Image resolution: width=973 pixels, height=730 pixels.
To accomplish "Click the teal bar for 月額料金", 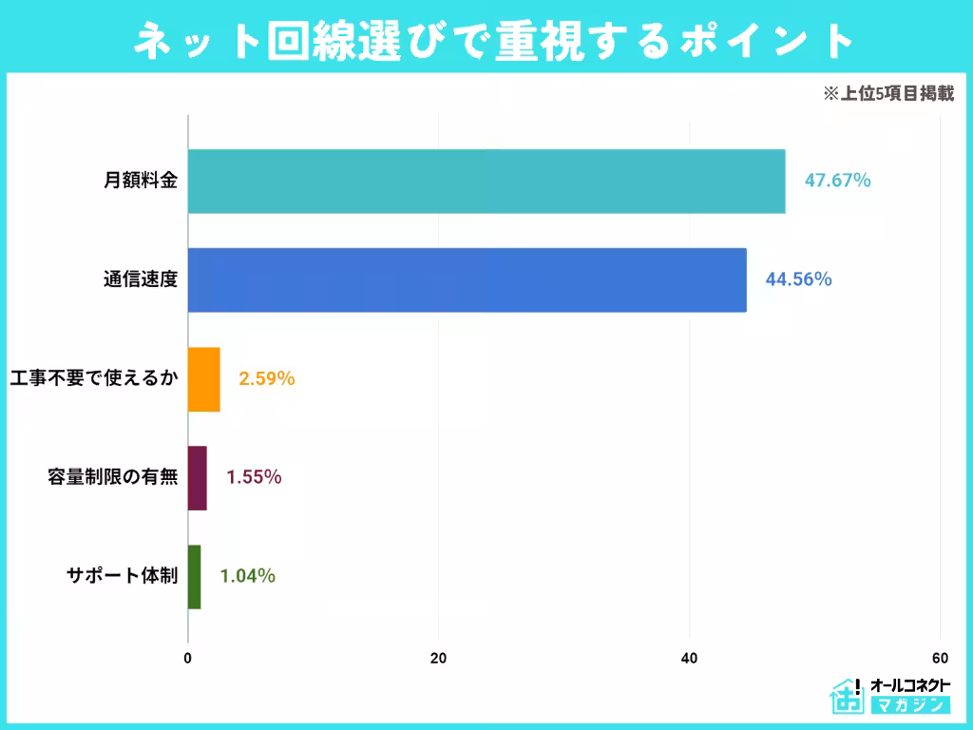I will coord(486,181).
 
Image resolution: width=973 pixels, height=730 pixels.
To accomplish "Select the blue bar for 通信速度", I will coord(467,279).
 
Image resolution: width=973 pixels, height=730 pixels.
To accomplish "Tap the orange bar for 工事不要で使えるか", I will coord(204,379).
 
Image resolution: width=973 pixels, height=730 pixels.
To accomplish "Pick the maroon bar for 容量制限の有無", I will coord(197,478).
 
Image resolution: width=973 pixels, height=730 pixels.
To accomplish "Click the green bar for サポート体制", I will coord(194,577).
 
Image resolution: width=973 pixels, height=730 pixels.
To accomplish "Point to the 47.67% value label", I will coord(837,181).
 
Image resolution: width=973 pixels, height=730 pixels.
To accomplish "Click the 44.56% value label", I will coord(798,279).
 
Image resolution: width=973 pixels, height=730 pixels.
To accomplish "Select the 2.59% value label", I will coord(266,379).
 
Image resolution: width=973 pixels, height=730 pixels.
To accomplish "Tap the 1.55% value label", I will coord(253,478).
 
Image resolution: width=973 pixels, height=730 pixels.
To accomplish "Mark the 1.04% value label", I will coord(247,577).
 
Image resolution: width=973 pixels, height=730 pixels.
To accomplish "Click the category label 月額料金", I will coord(141,181).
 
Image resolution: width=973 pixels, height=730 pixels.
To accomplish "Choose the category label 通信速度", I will coord(141,279).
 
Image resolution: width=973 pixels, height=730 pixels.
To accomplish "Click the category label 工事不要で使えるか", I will coord(93,379).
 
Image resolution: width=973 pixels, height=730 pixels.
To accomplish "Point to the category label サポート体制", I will coord(122,577).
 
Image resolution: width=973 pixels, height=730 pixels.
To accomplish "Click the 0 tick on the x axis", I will coord(188,658).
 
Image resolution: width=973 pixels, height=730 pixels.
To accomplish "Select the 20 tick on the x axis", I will coord(438,658).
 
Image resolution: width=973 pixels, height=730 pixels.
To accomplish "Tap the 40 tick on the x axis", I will coord(689,658).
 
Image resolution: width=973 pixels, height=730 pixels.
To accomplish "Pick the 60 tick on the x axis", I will coord(940,658).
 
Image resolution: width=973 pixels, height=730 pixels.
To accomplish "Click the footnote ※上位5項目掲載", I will coord(887,94).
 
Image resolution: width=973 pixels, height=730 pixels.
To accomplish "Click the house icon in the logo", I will coord(846,697).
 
